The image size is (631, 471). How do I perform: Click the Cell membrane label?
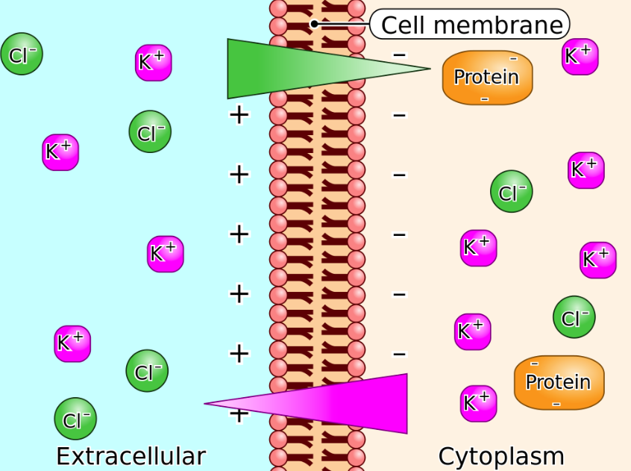click(471, 25)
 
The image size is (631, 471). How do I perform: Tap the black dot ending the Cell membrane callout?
click(315, 24)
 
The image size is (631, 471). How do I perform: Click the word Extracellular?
click(131, 456)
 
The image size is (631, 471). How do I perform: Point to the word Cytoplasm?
click(501, 456)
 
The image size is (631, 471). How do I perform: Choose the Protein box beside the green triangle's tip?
click(487, 77)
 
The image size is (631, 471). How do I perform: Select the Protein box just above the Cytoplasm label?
click(559, 382)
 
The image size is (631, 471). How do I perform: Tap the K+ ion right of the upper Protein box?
click(580, 57)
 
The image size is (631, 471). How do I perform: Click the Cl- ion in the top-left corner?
click(22, 54)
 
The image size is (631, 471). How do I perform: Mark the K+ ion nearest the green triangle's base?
click(154, 63)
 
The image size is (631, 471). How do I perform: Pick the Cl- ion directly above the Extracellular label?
click(75, 419)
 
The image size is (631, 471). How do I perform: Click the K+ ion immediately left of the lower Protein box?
click(478, 403)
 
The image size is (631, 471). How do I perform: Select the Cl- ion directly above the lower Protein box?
click(574, 317)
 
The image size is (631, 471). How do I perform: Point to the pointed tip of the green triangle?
click(428, 69)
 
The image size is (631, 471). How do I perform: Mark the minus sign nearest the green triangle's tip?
click(400, 55)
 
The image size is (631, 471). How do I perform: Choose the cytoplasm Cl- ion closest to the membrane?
click(511, 192)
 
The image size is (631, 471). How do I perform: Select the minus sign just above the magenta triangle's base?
click(400, 354)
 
